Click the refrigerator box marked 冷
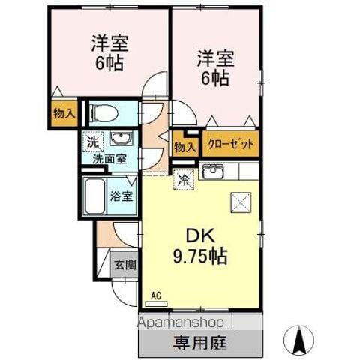[x=184, y=178]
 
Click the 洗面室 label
[x=109, y=158]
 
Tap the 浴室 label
[x=121, y=197]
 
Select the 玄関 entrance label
[x=124, y=264]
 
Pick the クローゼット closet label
[x=231, y=144]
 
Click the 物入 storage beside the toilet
[x=64, y=114]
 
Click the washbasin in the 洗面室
[x=118, y=139]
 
